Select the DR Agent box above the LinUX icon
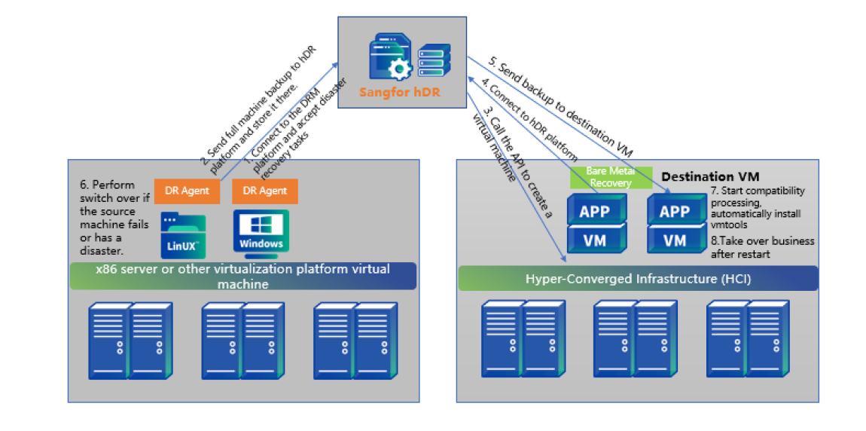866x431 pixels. click(187, 191)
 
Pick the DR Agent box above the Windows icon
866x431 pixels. click(265, 191)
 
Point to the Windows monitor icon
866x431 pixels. click(261, 232)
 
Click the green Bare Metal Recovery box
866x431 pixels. click(611, 178)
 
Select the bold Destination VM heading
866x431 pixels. click(710, 177)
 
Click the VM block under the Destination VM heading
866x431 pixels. click(675, 240)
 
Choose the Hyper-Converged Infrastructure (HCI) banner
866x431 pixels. click(638, 279)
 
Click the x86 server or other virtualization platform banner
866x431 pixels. click(242, 277)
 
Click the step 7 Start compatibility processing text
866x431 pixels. click(758, 208)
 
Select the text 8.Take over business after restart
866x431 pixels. click(762, 247)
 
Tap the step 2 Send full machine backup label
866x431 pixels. click(260, 105)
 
